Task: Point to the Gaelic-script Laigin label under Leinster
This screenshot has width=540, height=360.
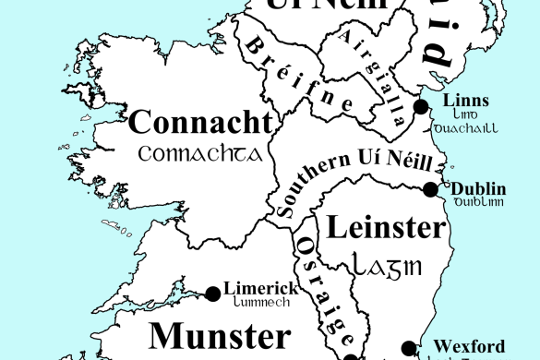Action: tap(387, 266)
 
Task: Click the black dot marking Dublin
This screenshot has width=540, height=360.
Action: tap(430, 189)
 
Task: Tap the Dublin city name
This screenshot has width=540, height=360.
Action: tap(478, 189)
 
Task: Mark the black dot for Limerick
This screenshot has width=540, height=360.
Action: tap(213, 294)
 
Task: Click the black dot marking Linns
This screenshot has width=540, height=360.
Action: tap(421, 107)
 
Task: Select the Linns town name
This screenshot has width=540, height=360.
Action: tap(465, 101)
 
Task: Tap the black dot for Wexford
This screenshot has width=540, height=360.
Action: tap(409, 348)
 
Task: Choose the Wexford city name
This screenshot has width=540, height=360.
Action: tap(469, 346)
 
